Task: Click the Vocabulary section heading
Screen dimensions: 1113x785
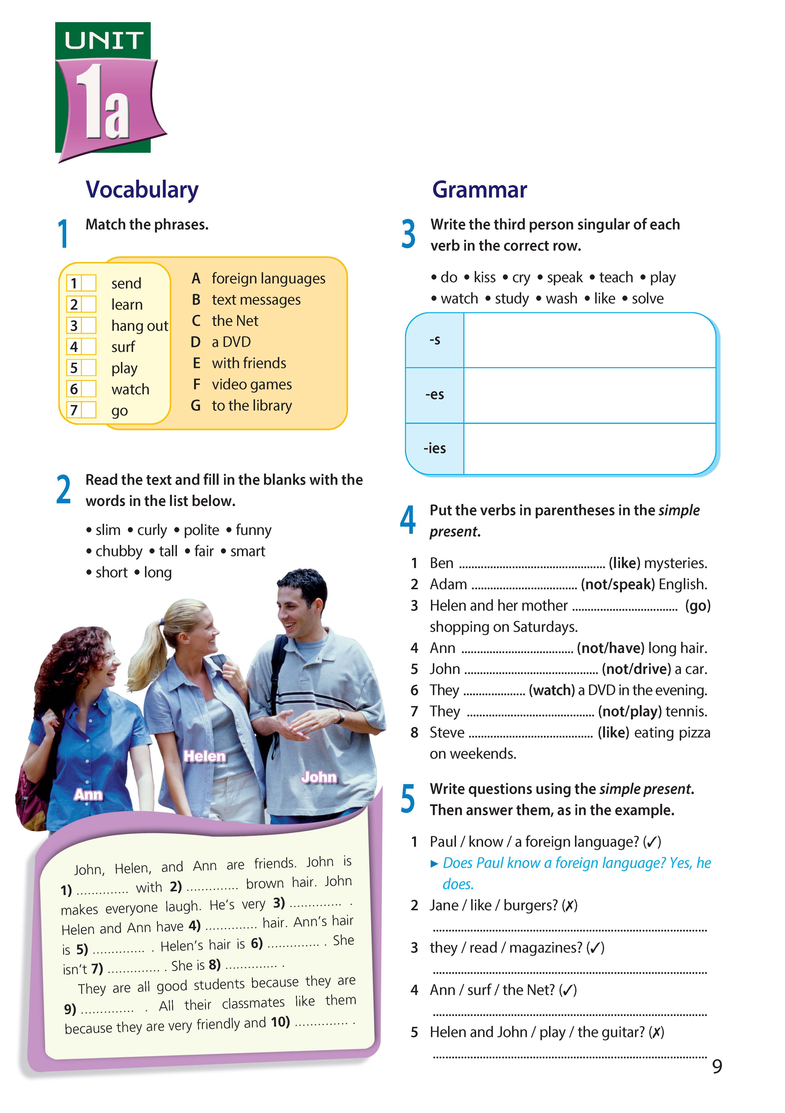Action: [x=142, y=189]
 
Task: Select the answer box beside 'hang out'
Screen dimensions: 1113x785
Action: [x=88, y=325]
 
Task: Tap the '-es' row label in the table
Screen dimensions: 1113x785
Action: [x=435, y=395]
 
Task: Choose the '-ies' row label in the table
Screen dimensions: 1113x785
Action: [x=435, y=448]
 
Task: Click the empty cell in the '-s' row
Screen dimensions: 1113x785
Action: [x=589, y=340]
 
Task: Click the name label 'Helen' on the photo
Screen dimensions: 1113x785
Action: [x=205, y=756]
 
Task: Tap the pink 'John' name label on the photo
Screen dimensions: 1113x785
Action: [x=319, y=777]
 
